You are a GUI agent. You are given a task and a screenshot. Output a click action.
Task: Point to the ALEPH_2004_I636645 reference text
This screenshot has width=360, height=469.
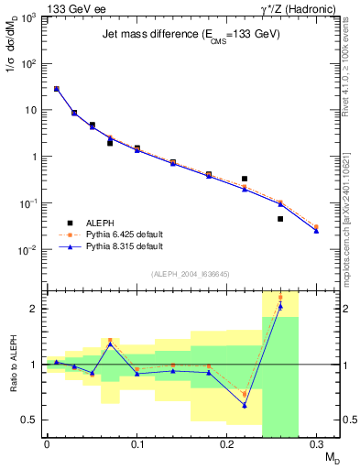point(189,275)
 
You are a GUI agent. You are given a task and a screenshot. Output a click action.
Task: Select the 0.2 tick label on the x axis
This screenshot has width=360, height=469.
point(227,446)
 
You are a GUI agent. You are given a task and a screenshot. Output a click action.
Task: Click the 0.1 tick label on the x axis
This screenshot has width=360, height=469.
point(136,446)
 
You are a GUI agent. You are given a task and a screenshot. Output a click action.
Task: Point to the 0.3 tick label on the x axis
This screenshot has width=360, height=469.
point(317,446)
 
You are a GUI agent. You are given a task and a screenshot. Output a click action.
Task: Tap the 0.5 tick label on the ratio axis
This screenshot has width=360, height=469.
point(31,420)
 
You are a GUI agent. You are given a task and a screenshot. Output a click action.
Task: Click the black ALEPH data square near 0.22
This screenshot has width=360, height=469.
point(245,179)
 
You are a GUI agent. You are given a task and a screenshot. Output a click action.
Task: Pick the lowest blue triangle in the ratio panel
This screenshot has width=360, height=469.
point(245,405)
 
